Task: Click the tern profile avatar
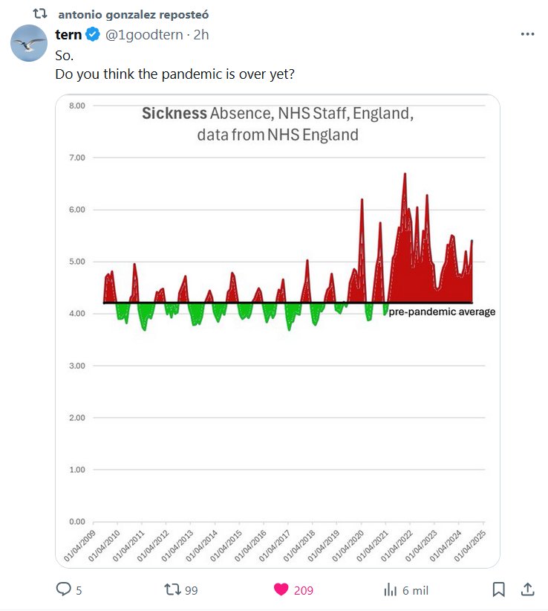29,42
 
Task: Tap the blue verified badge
93,34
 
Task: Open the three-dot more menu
527,34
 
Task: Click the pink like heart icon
281,589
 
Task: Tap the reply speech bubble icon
64,589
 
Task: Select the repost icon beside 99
172,589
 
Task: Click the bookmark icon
499,589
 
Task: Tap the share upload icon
527,589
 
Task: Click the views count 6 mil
414,590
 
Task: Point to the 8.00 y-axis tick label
77,106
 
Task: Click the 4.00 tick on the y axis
77,314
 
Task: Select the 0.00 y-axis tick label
77,522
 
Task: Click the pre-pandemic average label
442,312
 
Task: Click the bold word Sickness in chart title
174,114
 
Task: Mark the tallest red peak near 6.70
405,175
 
